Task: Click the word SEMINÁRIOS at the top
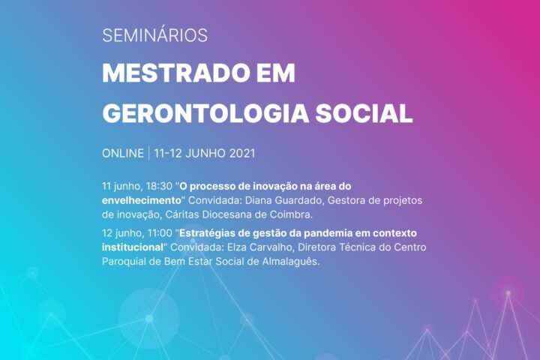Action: pos(155,34)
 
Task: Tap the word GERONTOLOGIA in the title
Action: pos(205,113)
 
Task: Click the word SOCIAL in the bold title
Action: pos(364,113)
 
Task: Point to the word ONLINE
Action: pos(123,153)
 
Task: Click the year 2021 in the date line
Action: pos(242,153)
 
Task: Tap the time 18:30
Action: pos(159,186)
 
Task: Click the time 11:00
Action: pos(160,233)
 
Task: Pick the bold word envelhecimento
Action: pos(142,200)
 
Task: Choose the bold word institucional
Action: pos(133,247)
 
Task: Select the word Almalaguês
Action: pos(291,262)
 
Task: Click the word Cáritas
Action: pos(182,214)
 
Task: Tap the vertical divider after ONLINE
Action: pos(149,153)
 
